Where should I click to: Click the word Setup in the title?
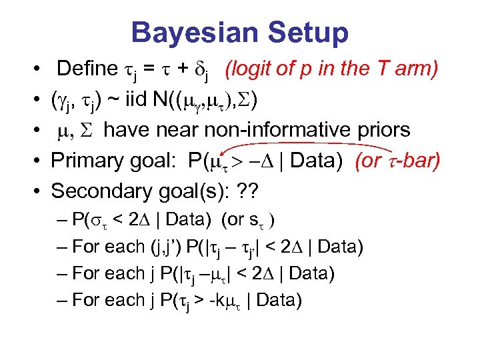point(306,33)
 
